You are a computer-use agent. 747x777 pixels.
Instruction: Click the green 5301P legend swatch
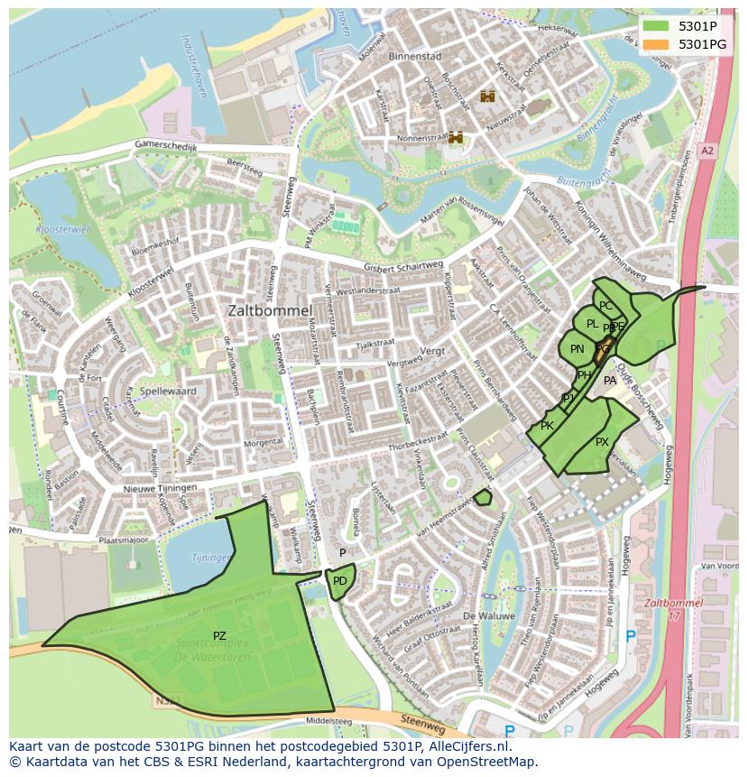(x=656, y=26)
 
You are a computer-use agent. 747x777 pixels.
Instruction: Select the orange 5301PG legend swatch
(x=656, y=43)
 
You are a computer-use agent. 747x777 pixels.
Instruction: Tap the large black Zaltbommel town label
(x=270, y=310)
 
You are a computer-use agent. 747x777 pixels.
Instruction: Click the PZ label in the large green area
(x=219, y=636)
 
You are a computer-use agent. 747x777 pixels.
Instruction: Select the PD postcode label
(x=339, y=581)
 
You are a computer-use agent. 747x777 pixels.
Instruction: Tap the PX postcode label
(x=602, y=442)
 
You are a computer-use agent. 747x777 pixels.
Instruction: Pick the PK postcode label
(x=547, y=426)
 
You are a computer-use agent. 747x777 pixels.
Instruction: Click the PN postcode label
(x=577, y=349)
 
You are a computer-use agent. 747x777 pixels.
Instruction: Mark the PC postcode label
(x=605, y=306)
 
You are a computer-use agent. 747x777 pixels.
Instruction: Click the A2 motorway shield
(x=706, y=152)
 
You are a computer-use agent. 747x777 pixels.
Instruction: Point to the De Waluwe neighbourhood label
(x=488, y=615)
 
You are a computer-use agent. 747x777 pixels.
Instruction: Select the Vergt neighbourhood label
(x=433, y=349)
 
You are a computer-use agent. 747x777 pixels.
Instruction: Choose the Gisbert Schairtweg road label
(x=403, y=267)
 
